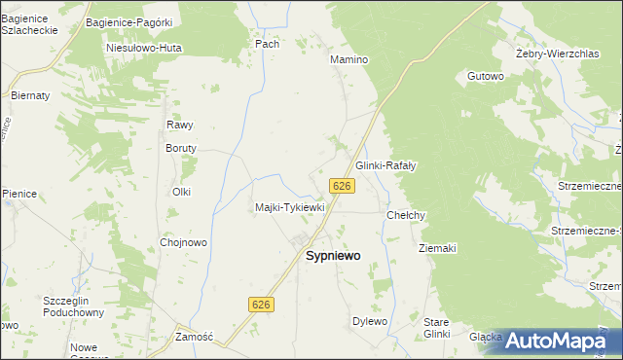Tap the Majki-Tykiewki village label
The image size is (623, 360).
pyautogui.click(x=289, y=207)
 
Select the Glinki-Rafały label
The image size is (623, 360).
pyautogui.click(x=385, y=166)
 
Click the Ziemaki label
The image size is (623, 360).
pyautogui.click(x=437, y=248)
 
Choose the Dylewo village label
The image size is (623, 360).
pyautogui.click(x=370, y=321)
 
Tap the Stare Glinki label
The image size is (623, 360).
pyautogui.click(x=437, y=327)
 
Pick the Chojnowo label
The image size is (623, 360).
pyautogui.click(x=183, y=242)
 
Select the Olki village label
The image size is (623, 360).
pyautogui.click(x=181, y=192)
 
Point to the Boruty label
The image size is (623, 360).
pyautogui.click(x=181, y=148)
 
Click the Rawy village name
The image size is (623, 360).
pyautogui.click(x=179, y=125)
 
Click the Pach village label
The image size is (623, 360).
pyautogui.click(x=267, y=44)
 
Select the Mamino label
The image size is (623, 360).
pyautogui.click(x=349, y=59)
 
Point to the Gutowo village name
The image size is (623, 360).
pyautogui.click(x=485, y=75)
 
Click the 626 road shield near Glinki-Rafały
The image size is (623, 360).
pyautogui.click(x=341, y=186)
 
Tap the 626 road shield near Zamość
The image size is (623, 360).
pyautogui.click(x=262, y=305)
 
